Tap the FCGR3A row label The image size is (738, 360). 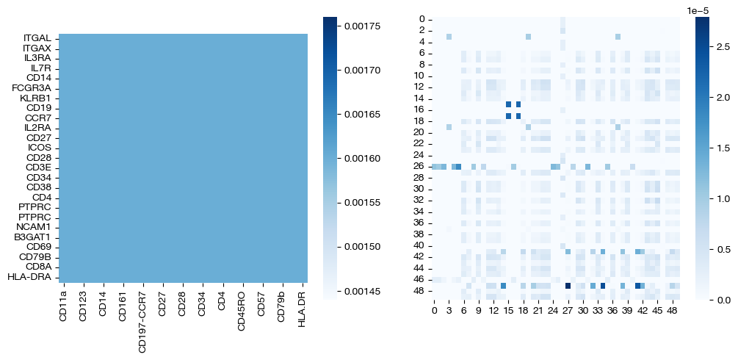tap(31, 88)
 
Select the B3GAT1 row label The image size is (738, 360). tap(32, 237)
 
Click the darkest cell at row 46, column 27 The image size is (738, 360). tap(568, 286)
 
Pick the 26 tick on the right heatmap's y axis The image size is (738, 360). tap(419, 167)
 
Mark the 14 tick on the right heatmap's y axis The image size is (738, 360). tap(419, 98)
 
